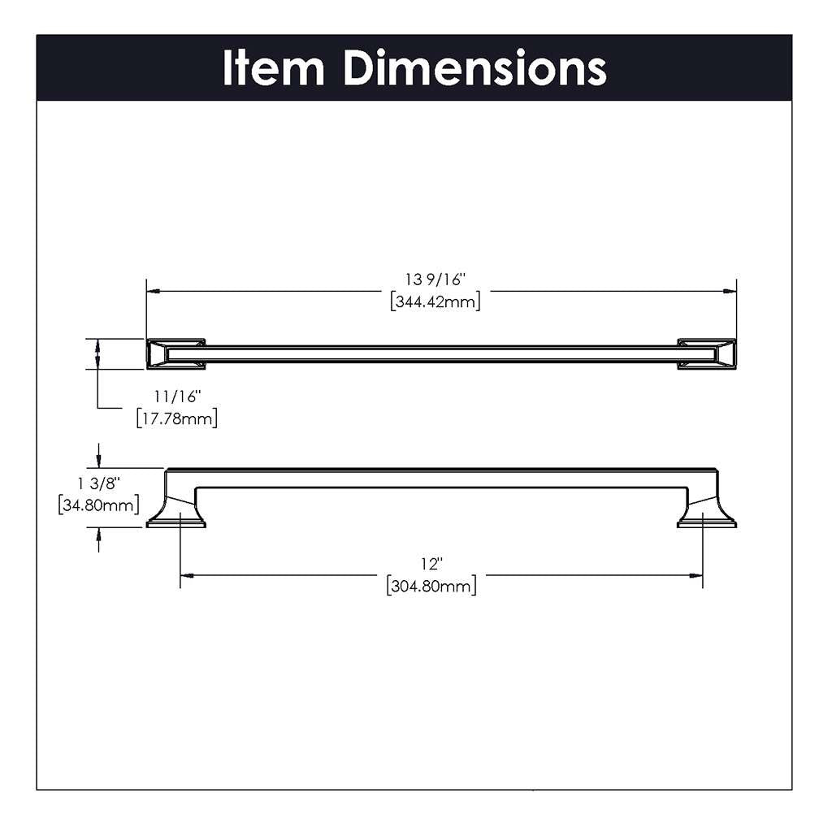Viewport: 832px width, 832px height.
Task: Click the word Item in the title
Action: coord(273,68)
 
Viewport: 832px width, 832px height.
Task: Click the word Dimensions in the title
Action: coord(474,68)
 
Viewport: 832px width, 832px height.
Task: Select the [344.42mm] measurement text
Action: coord(435,302)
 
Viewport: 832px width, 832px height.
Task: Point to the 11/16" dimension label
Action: coord(176,397)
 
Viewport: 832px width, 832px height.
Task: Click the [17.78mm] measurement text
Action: coord(176,419)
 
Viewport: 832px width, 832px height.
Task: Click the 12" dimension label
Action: coord(431,564)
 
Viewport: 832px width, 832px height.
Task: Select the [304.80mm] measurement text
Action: coord(431,586)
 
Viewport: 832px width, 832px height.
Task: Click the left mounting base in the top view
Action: coord(175,353)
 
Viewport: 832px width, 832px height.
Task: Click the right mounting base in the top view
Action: coord(707,353)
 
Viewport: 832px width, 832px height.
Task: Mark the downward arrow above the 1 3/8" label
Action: coord(99,460)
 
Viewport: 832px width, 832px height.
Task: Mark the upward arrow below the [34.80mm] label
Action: coord(99,535)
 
